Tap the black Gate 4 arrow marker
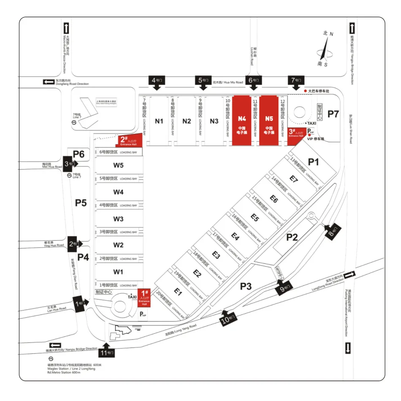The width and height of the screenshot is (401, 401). tap(156, 82)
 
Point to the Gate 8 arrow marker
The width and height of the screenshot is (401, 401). tap(332, 232)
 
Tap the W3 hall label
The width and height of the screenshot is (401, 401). tap(119, 219)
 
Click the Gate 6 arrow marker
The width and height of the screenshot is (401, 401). tap(253, 82)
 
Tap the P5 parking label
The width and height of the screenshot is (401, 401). tap(81, 203)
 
